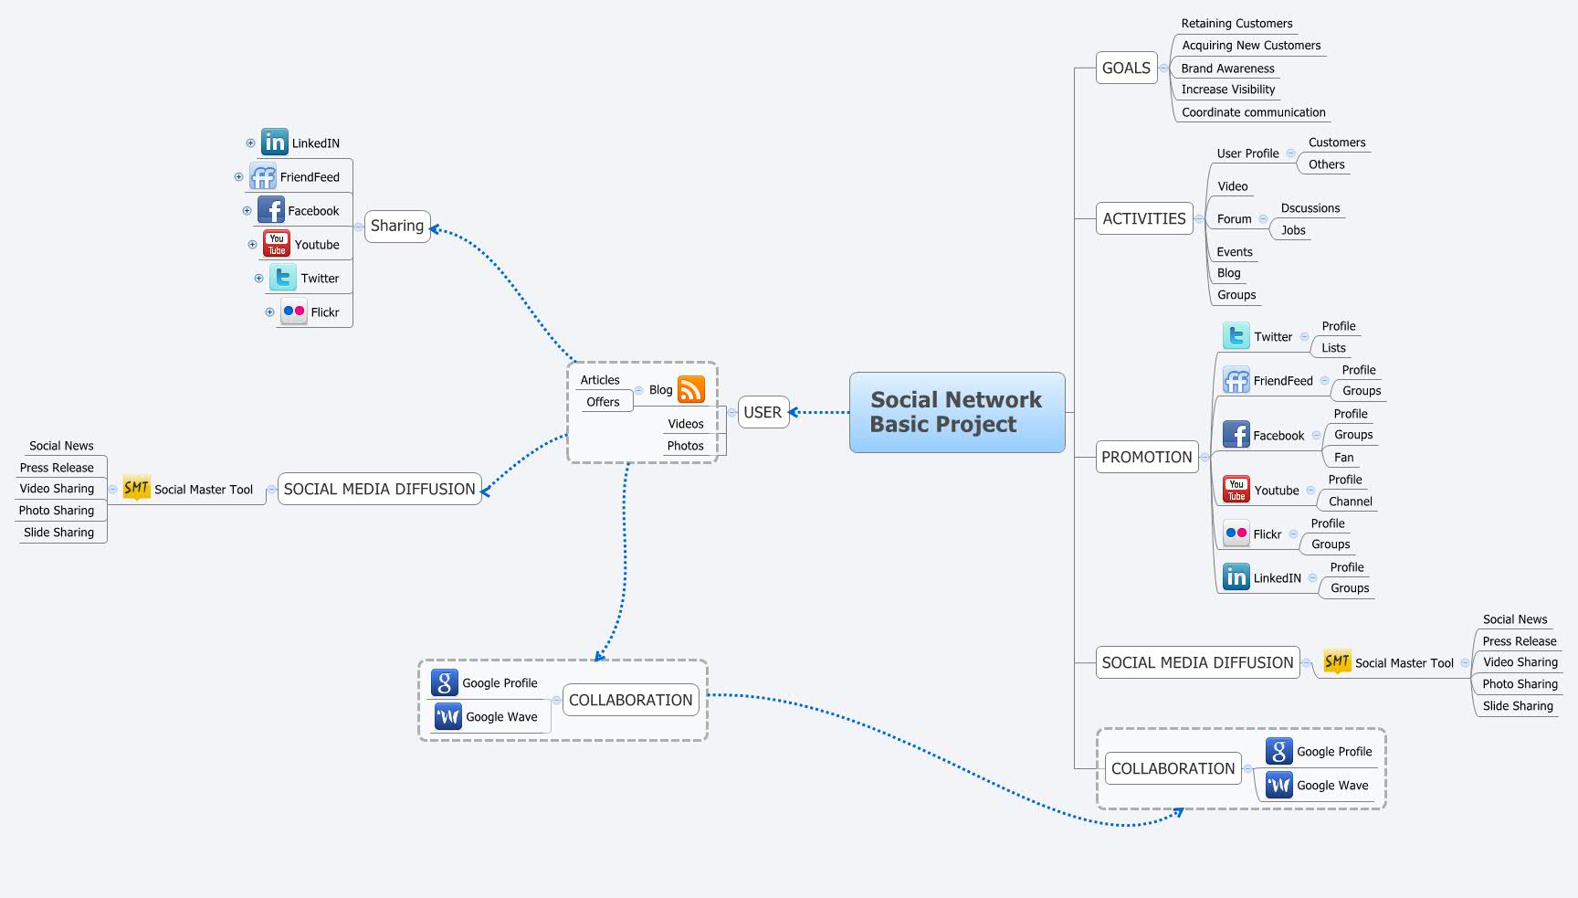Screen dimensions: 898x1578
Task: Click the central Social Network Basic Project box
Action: (x=956, y=412)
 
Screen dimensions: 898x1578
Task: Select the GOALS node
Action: (x=1126, y=68)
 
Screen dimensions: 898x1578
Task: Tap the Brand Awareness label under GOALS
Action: (x=1227, y=69)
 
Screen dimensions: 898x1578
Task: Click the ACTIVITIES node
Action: (x=1143, y=218)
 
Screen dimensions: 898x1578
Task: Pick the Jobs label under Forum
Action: (x=1293, y=230)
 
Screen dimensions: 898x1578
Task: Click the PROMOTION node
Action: (x=1146, y=457)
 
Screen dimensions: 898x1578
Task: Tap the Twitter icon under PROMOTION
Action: (x=1236, y=336)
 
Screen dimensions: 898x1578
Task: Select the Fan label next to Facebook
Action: (x=1343, y=457)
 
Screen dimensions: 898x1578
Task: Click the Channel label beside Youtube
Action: (x=1350, y=502)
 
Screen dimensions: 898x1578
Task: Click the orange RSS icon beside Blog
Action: (x=691, y=389)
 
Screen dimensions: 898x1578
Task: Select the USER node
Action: (x=763, y=412)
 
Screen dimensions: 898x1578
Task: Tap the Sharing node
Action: (x=397, y=226)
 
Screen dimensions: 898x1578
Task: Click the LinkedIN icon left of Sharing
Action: (x=274, y=142)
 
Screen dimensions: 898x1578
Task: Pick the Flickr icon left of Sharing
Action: (x=293, y=312)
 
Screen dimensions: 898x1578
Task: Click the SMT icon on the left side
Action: (x=136, y=488)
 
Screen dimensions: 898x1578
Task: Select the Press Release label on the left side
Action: (x=57, y=468)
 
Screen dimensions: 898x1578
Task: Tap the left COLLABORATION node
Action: (x=630, y=700)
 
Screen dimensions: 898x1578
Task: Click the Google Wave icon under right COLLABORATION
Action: (x=1278, y=785)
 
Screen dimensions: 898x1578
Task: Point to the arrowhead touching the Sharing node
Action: (x=436, y=228)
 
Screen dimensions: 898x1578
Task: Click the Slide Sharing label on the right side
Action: (x=1517, y=706)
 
